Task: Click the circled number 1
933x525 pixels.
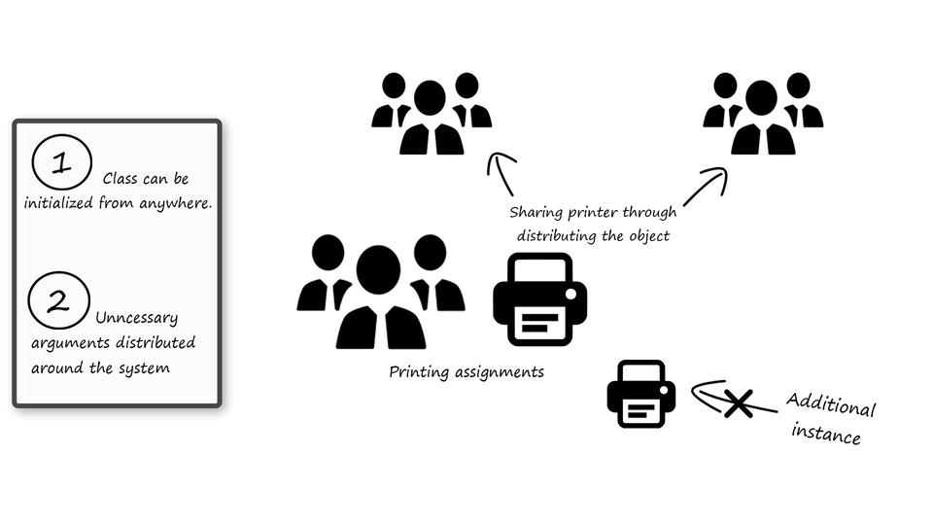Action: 61,162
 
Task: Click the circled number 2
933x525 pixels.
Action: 58,300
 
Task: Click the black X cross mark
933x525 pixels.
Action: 738,402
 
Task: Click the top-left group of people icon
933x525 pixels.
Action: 431,114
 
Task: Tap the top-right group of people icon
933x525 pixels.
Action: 763,114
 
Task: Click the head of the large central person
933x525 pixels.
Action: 378,269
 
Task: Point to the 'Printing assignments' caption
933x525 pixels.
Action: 466,371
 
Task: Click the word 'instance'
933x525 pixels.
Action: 827,433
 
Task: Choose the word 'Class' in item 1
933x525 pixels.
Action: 121,180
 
